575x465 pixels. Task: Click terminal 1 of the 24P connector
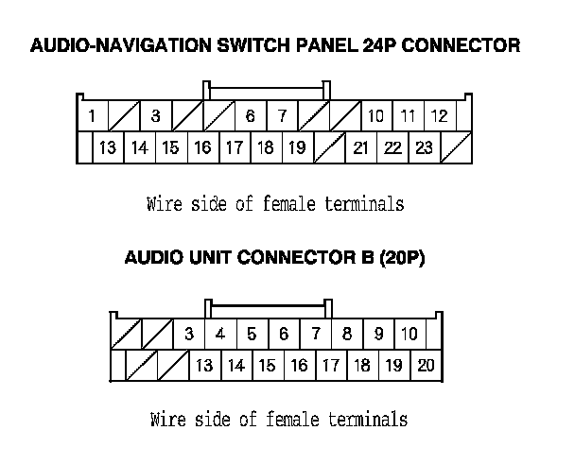tap(91, 117)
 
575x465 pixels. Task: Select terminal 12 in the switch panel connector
tap(439, 117)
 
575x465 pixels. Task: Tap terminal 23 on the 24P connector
tap(424, 148)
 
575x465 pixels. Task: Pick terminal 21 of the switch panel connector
tap(360, 148)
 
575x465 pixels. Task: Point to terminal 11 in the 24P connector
tap(408, 117)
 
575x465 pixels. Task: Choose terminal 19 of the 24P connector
tap(297, 148)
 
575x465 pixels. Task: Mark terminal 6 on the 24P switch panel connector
tap(250, 117)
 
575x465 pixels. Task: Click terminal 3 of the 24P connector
tap(155, 117)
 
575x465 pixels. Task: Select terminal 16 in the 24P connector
tap(202, 148)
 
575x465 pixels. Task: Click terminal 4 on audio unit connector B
tap(220, 335)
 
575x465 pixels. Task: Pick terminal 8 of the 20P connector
tap(347, 335)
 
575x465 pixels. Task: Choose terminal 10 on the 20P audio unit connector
tap(409, 335)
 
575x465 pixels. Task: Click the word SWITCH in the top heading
tap(250, 45)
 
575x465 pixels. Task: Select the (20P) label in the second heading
tap(402, 258)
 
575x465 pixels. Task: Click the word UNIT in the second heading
tap(203, 258)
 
